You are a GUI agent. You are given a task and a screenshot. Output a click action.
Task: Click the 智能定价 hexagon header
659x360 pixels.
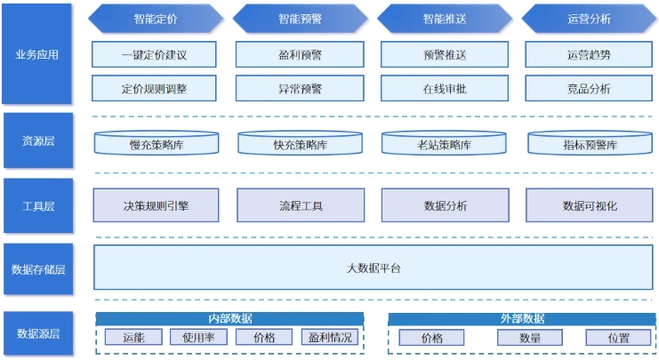click(x=156, y=19)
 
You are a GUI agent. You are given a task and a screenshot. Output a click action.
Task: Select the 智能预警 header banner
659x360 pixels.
click(x=300, y=19)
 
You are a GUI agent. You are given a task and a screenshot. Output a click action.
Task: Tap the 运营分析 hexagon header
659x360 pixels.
click(x=589, y=19)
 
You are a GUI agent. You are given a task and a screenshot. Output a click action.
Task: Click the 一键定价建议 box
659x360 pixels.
click(x=154, y=54)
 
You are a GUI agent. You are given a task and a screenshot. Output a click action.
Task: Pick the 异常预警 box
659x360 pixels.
click(x=300, y=89)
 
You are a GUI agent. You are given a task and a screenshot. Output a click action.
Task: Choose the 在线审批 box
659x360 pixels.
click(x=445, y=89)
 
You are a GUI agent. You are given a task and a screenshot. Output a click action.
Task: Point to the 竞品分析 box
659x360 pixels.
click(x=589, y=89)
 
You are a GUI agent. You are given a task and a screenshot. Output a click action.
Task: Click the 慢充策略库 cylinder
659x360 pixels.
click(x=157, y=143)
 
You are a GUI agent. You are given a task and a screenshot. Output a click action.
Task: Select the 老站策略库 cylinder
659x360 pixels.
click(x=444, y=143)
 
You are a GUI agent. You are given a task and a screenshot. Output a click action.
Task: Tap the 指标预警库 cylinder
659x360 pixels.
click(x=590, y=143)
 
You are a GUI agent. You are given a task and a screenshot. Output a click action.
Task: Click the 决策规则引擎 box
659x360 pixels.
click(x=156, y=205)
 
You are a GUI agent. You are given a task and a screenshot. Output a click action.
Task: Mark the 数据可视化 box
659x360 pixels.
click(x=590, y=205)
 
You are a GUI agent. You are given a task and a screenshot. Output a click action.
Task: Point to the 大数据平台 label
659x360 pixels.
click(x=374, y=268)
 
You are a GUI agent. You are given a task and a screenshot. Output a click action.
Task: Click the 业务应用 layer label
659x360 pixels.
click(x=37, y=53)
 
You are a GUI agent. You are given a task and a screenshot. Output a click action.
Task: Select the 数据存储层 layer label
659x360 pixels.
click(x=38, y=269)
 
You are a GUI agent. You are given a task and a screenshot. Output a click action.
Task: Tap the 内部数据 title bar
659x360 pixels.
click(x=229, y=319)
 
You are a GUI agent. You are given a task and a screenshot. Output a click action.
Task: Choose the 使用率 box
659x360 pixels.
click(x=199, y=337)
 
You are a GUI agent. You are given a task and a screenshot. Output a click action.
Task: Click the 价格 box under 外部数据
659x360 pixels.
click(x=431, y=338)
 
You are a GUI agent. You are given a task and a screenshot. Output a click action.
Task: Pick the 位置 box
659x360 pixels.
click(x=618, y=338)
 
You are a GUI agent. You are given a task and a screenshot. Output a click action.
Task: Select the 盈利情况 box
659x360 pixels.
click(x=330, y=337)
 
